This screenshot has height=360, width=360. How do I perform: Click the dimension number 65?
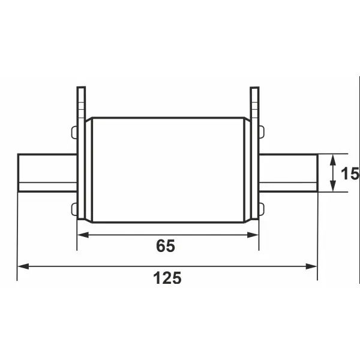tap(166, 246)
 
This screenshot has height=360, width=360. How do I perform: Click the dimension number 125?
tap(167, 278)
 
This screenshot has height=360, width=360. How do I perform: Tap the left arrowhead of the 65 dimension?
tap(83, 235)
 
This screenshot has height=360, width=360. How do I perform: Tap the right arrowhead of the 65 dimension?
tap(253, 235)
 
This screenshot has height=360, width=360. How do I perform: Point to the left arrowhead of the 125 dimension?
tap(23, 266)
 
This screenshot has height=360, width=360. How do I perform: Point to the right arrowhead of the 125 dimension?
tap(311, 266)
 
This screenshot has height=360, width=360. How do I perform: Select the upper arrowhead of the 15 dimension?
tap(332, 160)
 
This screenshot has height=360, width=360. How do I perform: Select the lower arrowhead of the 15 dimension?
tap(332, 186)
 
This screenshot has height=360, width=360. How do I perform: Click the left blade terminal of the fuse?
tap(47, 173)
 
